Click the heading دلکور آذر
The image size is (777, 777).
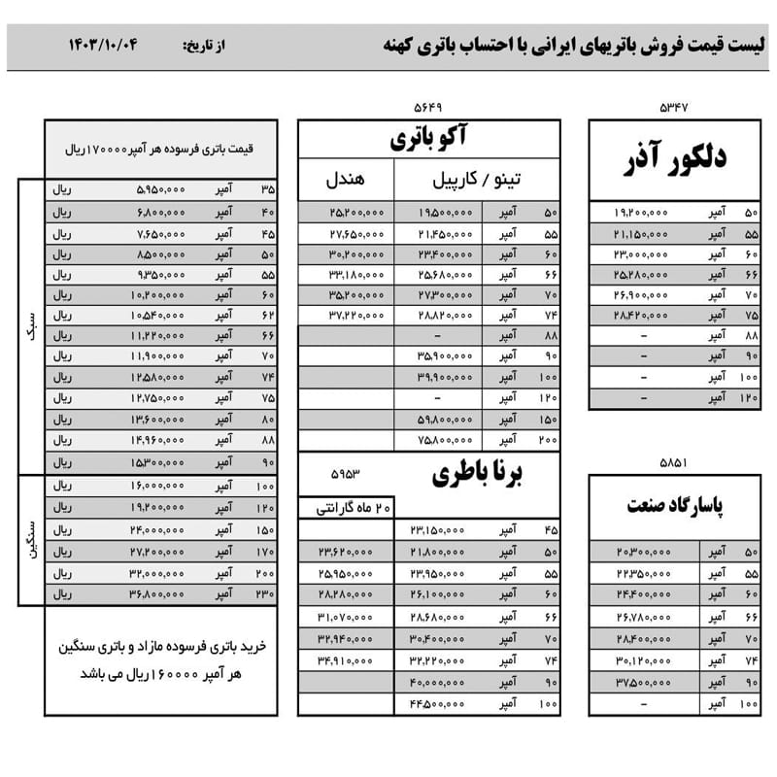672,160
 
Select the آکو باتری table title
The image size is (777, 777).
428,139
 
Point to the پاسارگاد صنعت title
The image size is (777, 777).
673,507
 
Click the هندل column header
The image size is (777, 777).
345,180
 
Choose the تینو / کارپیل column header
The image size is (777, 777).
476,180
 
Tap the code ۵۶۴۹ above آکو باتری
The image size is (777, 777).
428,107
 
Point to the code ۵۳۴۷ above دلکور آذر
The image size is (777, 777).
672,107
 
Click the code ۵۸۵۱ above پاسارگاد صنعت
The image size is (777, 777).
672,463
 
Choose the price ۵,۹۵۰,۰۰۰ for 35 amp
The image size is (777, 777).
159,190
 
